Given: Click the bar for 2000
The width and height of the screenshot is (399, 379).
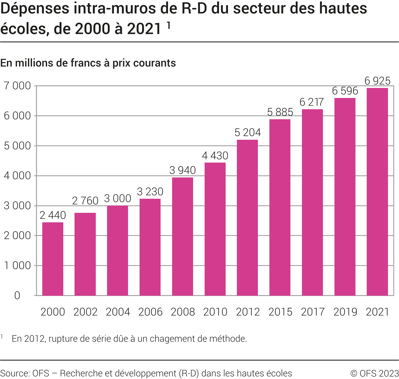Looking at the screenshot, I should (53, 259).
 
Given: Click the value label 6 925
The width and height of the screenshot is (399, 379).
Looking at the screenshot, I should (377, 81).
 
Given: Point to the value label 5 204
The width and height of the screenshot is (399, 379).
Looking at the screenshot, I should (248, 133).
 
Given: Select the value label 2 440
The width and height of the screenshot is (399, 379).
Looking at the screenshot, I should (53, 215).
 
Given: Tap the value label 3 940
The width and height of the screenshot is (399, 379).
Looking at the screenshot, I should (183, 170).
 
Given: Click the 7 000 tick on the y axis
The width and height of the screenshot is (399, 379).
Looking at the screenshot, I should (17, 86).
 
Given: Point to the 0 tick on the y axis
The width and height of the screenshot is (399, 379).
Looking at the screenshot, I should (17, 296).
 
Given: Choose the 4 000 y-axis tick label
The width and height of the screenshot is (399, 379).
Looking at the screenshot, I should (17, 176).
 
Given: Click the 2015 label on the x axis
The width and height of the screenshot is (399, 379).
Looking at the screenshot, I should (280, 312).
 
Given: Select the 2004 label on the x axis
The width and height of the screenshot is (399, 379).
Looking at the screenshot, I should (118, 312).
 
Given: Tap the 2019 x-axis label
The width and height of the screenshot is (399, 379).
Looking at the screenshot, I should (345, 312).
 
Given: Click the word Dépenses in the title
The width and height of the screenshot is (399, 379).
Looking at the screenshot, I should (35, 8).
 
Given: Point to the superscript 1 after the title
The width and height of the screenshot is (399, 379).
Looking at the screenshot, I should (169, 25).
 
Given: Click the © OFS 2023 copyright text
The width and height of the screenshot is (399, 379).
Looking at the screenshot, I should (374, 373).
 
